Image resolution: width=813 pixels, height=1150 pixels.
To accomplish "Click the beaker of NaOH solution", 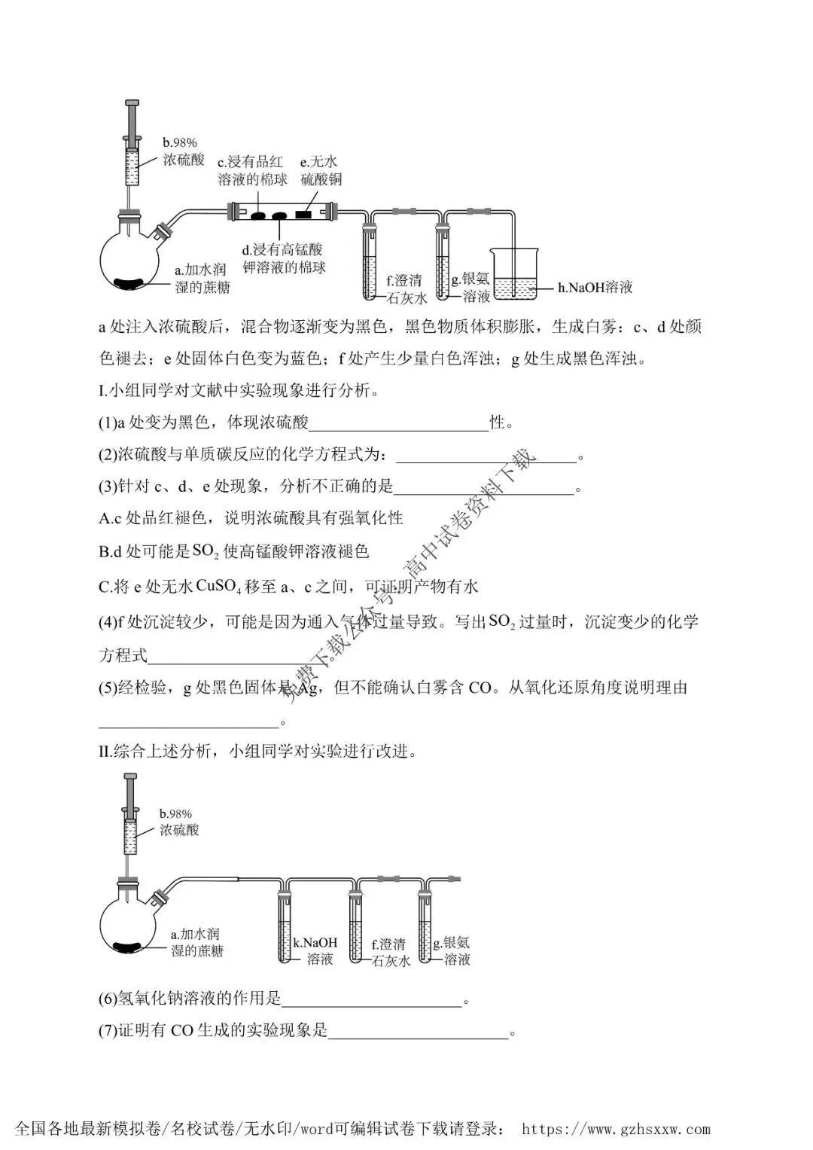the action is pyautogui.click(x=513, y=273).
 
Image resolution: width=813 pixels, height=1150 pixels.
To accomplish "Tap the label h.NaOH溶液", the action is pyautogui.click(x=595, y=288).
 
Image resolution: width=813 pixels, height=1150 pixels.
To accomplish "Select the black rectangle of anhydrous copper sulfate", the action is pyautogui.click(x=303, y=215).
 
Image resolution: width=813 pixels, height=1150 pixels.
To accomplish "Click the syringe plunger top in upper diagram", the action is pyautogui.click(x=132, y=102).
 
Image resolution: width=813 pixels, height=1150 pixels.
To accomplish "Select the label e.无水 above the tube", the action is pyautogui.click(x=318, y=162).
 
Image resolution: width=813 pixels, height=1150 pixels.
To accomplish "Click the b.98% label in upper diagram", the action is pyautogui.click(x=180, y=143).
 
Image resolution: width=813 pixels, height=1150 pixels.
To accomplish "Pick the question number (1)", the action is pyautogui.click(x=108, y=422).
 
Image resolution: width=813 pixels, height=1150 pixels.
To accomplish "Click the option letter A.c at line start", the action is pyautogui.click(x=110, y=519).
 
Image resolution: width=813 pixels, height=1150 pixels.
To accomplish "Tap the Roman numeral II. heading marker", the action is pyautogui.click(x=105, y=752).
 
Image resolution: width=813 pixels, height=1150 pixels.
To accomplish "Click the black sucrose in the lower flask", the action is pyautogui.click(x=127, y=947).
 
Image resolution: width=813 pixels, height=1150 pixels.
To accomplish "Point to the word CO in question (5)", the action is pyautogui.click(x=480, y=688).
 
